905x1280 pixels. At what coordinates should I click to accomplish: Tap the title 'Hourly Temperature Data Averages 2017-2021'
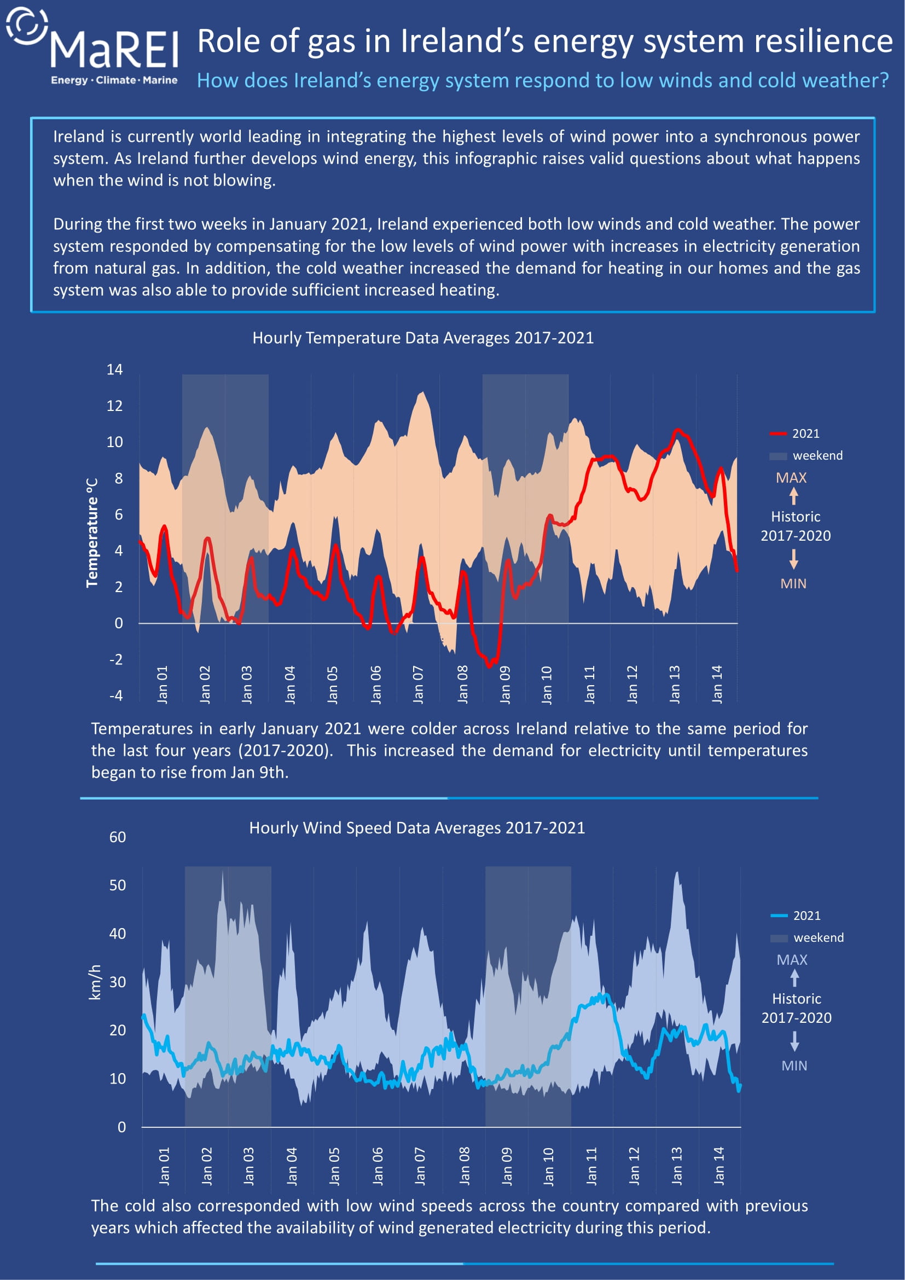(x=423, y=338)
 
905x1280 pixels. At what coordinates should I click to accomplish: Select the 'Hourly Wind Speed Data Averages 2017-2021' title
(x=417, y=828)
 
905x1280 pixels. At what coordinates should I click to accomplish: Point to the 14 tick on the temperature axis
(x=115, y=369)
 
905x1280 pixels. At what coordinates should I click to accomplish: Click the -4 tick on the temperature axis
(x=116, y=696)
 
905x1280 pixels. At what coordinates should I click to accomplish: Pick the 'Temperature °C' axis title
(x=92, y=532)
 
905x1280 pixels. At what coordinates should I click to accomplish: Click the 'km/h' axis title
(x=95, y=982)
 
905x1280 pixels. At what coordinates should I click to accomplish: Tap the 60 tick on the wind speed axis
(x=118, y=837)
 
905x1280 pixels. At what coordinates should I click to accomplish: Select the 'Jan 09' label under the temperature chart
(x=505, y=685)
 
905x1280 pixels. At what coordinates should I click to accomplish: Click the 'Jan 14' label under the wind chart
(x=719, y=1166)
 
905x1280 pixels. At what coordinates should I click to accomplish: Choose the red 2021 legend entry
(x=794, y=434)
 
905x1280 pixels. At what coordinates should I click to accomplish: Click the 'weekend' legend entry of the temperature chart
(x=806, y=455)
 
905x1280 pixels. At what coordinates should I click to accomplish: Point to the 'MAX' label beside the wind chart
(x=792, y=960)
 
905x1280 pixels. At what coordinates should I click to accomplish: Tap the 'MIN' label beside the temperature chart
(x=793, y=584)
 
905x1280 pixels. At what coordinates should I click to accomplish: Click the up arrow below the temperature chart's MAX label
(x=793, y=496)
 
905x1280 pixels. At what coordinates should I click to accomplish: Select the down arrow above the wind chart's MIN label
(x=794, y=1041)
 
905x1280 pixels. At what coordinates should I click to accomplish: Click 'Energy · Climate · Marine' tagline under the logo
(x=114, y=80)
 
